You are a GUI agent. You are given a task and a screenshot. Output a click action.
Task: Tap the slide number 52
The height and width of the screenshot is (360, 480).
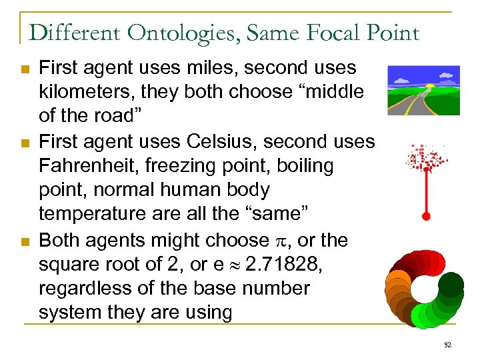[447, 344]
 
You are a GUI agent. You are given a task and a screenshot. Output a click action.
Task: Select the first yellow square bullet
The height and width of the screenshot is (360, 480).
[25, 69]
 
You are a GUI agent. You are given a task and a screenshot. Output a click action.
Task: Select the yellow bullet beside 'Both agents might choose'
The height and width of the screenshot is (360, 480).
[25, 240]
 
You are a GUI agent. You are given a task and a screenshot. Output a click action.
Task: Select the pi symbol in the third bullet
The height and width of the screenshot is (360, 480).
[275, 240]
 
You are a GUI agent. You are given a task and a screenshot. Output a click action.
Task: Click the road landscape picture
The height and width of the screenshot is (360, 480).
[423, 90]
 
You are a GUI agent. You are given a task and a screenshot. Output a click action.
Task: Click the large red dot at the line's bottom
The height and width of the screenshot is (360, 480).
[426, 216]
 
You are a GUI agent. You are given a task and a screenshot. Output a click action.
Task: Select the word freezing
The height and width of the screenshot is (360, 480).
[207, 165]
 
